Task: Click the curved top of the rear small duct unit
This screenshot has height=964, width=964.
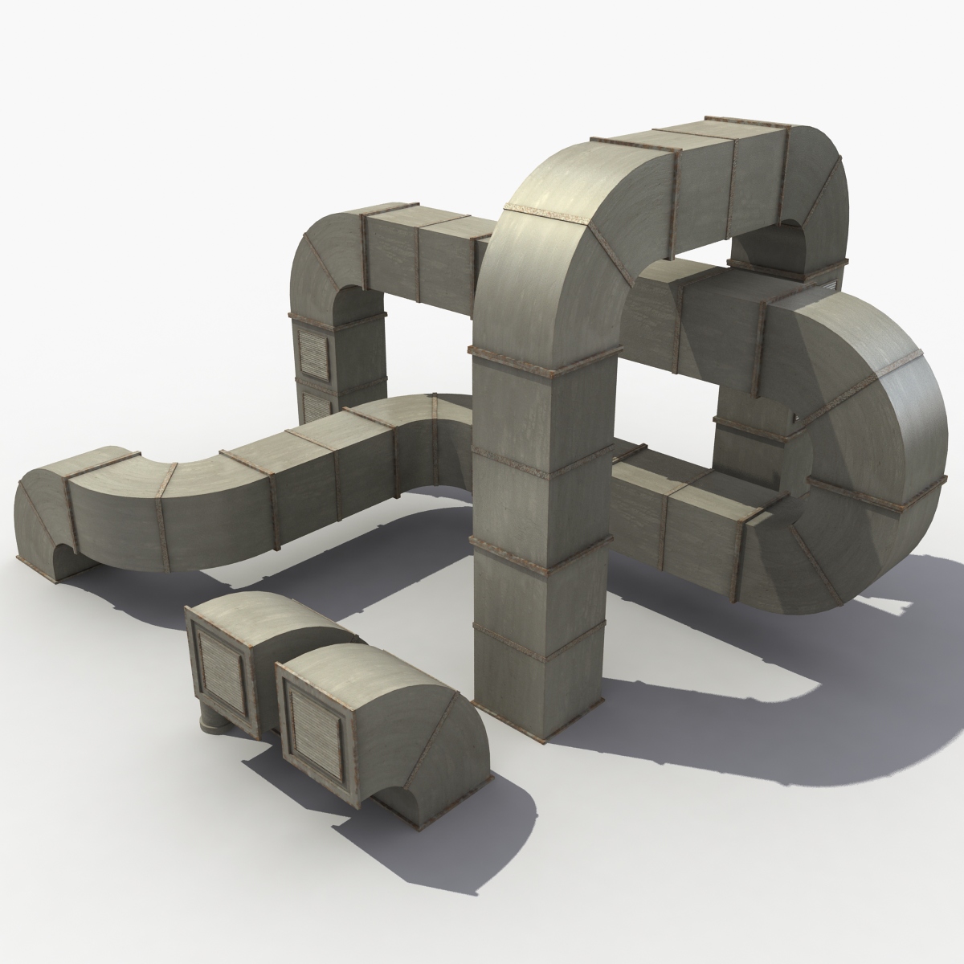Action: click(265, 617)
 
